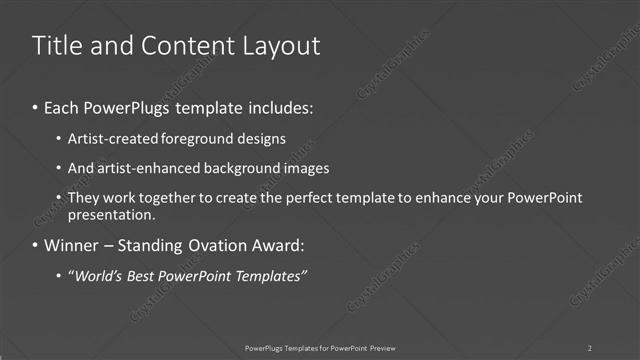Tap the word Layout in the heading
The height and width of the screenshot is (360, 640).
[281, 46]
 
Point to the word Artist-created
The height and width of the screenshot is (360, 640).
[108, 139]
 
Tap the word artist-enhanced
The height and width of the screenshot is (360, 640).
[142, 168]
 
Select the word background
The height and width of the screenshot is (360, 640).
[239, 168]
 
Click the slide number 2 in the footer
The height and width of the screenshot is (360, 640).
[590, 347]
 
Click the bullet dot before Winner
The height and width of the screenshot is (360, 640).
[37, 245]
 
